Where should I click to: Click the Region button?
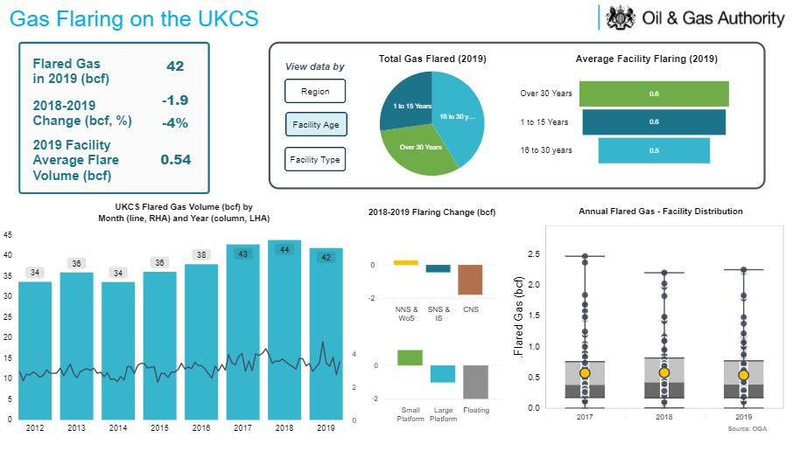pos(315,91)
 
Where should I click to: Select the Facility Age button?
pos(315,125)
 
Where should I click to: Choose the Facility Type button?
pos(315,159)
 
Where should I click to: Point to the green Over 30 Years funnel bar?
pos(654,94)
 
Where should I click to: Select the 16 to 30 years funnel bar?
pos(654,150)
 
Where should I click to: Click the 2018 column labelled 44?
pos(284,332)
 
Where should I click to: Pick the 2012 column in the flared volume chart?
pos(35,350)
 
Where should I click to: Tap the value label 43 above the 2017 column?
pos(243,253)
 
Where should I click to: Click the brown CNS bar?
pos(470,280)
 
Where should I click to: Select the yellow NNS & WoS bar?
pos(406,262)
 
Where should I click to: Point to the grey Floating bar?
pos(475,382)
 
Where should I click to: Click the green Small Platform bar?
pos(411,357)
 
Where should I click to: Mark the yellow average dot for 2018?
pos(664,373)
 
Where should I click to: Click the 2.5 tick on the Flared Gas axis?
pos(533,254)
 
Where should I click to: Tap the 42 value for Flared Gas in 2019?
pos(175,66)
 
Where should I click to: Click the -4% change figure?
pos(175,123)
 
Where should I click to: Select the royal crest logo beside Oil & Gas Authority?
pos(620,17)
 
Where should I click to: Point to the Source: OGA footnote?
pos(746,428)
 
